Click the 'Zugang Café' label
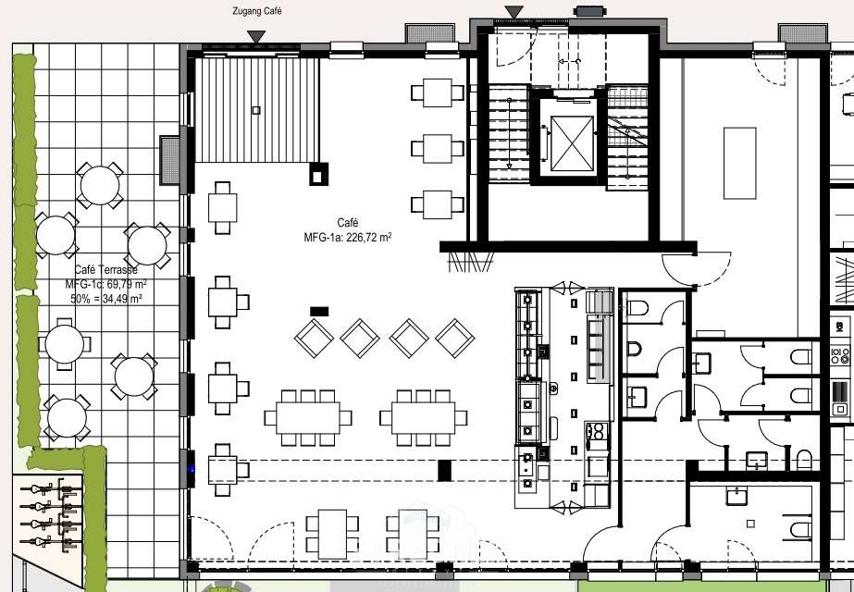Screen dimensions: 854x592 pos(256,11)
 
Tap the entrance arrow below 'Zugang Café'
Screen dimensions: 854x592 pos(256,37)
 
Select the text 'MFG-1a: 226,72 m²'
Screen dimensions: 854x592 pos(348,238)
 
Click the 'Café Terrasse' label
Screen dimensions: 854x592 pos(105,270)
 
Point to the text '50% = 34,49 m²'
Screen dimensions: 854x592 pos(106,299)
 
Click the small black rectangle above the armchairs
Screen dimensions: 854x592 pos(319,312)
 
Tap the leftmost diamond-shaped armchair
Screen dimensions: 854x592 pos(315,339)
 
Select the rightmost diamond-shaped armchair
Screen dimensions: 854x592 pos(455,339)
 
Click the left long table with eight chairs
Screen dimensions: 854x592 pos(308,418)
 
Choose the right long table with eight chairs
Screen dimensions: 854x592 pos(423,418)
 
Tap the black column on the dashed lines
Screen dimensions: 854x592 pos(444,471)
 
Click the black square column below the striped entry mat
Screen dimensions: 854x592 pos(318,174)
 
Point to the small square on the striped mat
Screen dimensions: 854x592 pos(256,110)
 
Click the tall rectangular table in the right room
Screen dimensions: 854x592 pos(739,163)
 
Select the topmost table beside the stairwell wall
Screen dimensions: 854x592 pos(438,92)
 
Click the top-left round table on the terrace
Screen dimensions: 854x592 pos(100,185)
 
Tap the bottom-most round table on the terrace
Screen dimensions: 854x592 pos(67,418)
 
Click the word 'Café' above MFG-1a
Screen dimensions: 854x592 pos(348,223)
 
